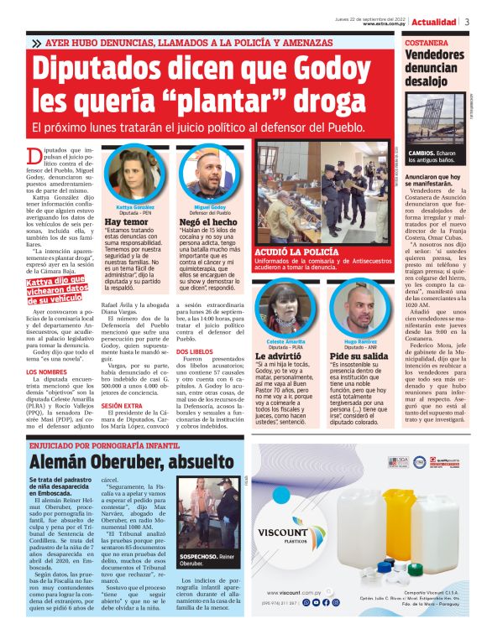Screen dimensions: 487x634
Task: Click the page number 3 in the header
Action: coord(468,22)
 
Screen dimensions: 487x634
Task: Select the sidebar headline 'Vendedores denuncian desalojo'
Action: coord(433,68)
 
